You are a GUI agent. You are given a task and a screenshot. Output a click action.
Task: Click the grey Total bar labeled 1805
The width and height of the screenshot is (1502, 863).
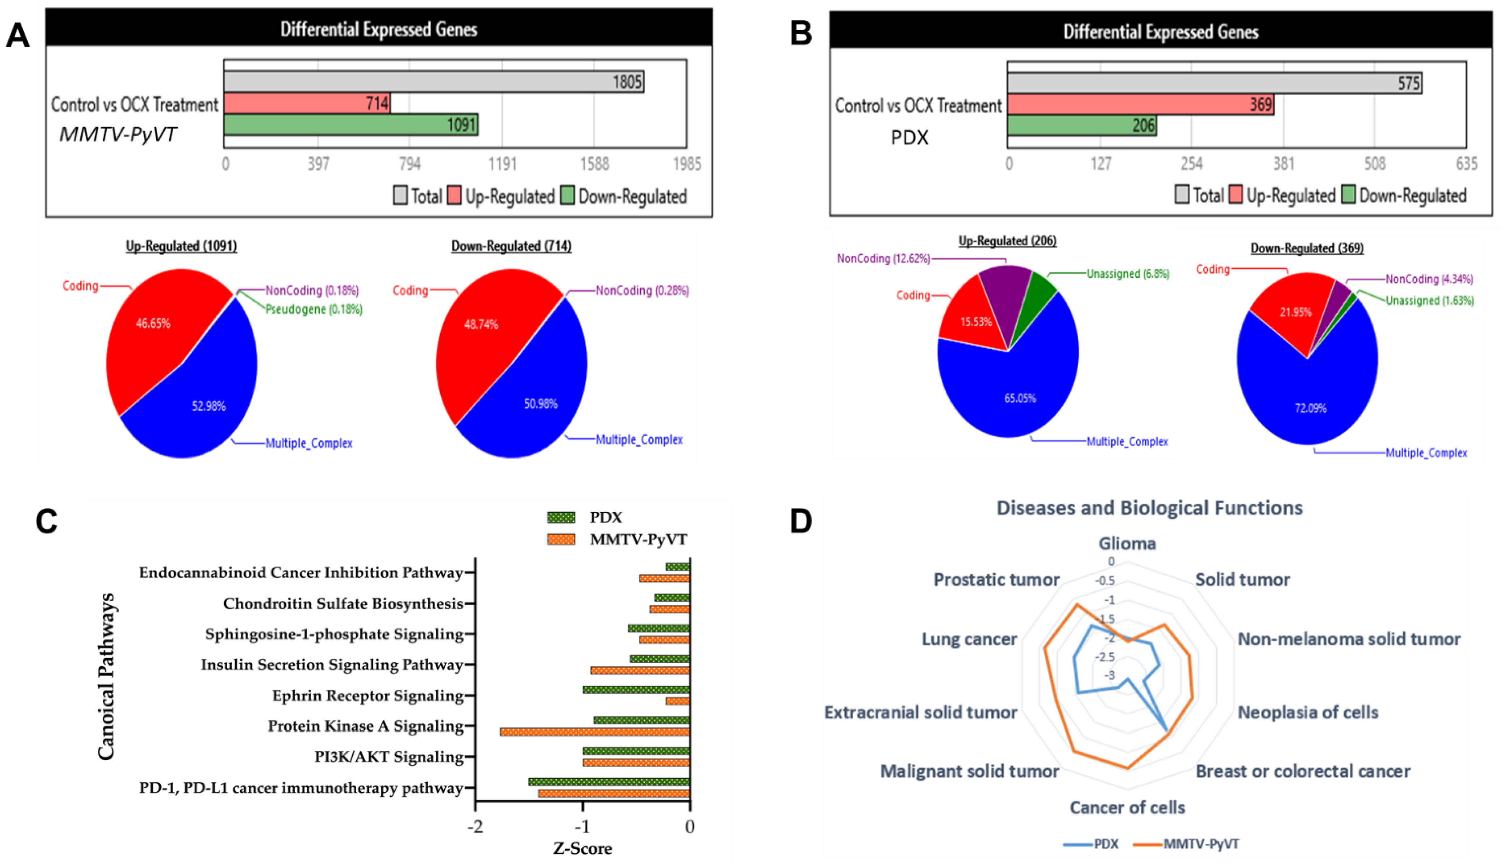(434, 82)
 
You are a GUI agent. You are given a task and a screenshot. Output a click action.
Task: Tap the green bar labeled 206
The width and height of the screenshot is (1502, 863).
(1081, 125)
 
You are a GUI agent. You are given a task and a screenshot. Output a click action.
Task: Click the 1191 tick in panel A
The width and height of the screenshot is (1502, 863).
(502, 163)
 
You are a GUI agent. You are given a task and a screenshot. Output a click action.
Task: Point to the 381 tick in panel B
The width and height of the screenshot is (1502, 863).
(1283, 163)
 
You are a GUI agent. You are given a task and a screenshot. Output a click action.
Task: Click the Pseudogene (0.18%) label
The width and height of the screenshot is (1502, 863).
(314, 309)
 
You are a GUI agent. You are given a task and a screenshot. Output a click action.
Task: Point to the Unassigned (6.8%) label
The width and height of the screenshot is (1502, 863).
(1128, 274)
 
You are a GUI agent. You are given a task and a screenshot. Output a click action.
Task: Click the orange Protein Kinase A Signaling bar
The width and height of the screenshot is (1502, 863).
(595, 732)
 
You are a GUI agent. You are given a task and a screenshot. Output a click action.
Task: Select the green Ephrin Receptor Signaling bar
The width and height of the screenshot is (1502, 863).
(636, 689)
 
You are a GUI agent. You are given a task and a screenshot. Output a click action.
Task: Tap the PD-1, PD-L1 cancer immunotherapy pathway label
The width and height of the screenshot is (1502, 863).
(301, 788)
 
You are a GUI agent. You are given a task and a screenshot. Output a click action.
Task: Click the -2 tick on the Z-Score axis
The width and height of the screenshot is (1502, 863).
(476, 827)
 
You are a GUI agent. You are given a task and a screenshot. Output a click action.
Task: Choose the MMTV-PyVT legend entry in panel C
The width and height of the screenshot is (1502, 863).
(638, 539)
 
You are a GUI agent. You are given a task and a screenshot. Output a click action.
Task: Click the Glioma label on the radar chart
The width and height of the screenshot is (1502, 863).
(1127, 544)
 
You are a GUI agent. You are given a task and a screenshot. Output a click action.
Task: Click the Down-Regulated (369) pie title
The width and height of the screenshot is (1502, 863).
(1307, 248)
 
